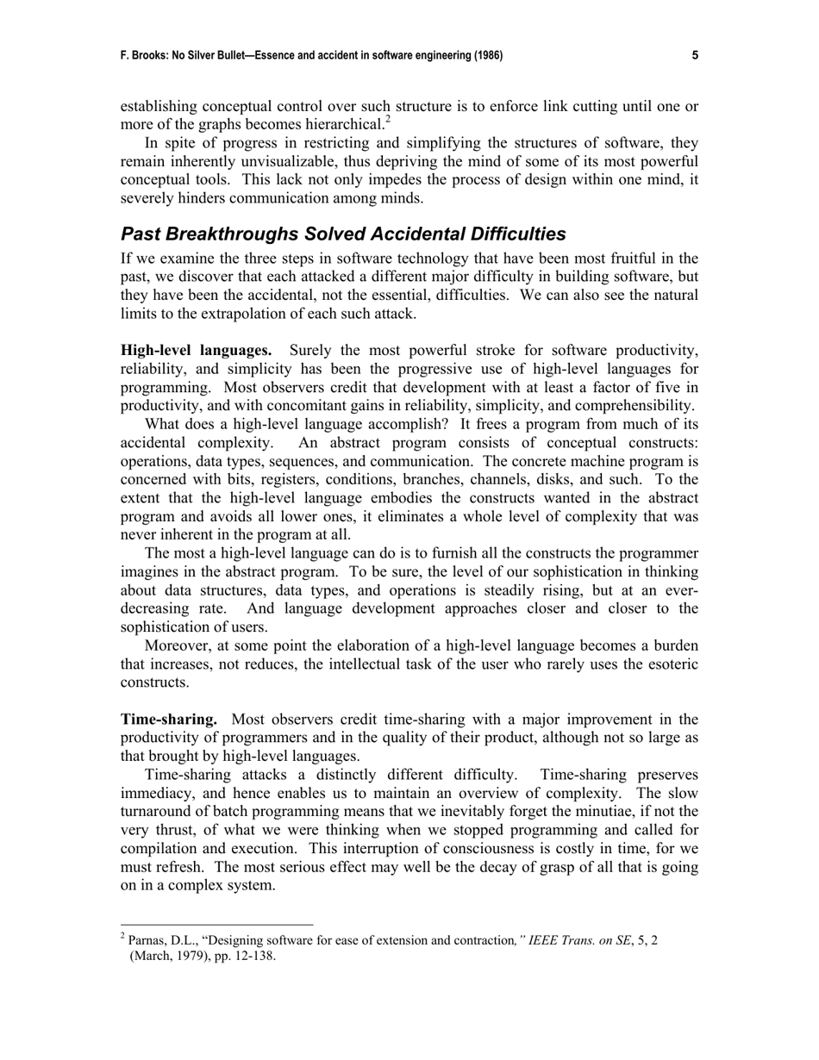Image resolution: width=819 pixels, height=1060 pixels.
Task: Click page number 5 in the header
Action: point(695,56)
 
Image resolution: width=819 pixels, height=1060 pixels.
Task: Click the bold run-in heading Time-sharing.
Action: point(169,720)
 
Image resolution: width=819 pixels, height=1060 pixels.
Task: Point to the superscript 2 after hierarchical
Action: point(388,120)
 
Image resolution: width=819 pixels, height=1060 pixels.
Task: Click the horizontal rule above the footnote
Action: point(216,926)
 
